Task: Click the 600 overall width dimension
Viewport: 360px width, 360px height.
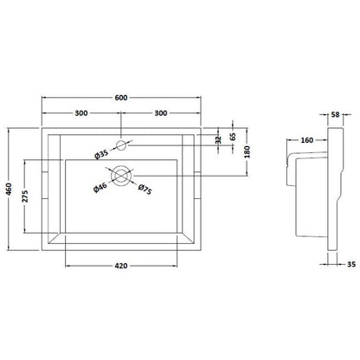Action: click(x=121, y=98)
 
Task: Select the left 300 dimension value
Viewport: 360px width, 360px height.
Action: click(x=81, y=113)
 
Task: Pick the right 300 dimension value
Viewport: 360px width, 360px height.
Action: click(x=161, y=113)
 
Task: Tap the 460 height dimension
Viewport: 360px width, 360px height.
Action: click(x=10, y=189)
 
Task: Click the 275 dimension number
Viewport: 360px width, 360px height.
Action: click(x=25, y=196)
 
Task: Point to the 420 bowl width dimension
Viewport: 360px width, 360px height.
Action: click(x=121, y=266)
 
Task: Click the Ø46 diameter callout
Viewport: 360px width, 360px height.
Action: click(x=100, y=188)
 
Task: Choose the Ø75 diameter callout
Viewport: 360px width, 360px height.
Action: click(x=145, y=190)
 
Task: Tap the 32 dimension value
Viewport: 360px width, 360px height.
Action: click(x=218, y=139)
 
